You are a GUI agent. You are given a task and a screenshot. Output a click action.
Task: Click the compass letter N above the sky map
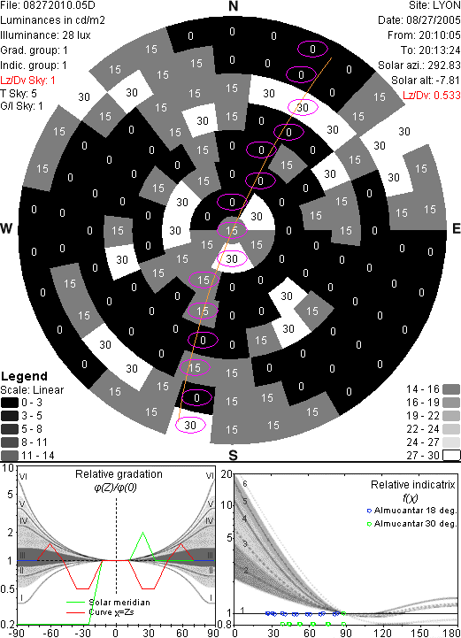(233, 6)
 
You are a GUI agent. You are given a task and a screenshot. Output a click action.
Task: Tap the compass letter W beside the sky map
(6, 228)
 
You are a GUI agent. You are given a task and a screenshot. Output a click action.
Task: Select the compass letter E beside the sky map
(456, 228)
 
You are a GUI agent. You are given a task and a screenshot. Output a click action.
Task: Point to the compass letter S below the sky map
(233, 455)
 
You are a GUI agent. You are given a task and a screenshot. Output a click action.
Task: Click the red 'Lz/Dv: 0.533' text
(432, 96)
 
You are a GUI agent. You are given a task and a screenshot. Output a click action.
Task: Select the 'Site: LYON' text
(434, 5)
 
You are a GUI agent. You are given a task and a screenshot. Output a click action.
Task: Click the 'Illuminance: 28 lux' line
(45, 35)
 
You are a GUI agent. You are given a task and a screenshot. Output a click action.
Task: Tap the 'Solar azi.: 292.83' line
(419, 65)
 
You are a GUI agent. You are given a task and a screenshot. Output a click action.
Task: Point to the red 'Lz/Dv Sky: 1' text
(27, 81)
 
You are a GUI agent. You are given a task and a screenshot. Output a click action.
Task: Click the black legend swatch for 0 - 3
(10, 403)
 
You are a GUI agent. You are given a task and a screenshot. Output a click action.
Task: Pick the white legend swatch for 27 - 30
(451, 455)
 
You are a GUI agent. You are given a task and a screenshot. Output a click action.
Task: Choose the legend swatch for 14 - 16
(451, 389)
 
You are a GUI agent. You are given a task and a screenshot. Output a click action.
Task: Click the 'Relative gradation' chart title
(119, 474)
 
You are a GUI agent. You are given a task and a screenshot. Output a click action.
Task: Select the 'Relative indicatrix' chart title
(412, 485)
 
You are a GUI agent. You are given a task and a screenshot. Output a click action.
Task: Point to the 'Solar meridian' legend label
(119, 603)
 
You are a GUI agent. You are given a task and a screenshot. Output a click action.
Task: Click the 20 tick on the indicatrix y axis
(227, 474)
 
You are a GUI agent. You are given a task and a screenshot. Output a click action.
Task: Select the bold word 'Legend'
(24, 376)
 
